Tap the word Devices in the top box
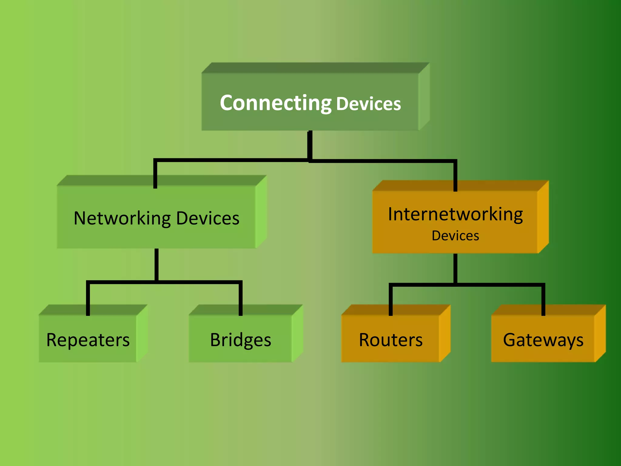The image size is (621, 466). [368, 104]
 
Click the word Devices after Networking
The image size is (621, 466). [208, 218]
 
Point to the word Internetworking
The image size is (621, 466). [455, 214]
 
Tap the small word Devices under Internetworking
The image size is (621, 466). [455, 236]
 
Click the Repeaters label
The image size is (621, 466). [88, 340]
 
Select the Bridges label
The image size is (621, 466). [240, 340]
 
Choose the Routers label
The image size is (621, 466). [391, 340]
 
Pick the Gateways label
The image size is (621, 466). [543, 340]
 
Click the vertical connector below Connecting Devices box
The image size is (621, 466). [310, 145]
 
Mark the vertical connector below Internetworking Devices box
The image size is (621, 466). [455, 268]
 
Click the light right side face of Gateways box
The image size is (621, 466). [600, 334]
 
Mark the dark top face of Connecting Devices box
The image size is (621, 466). [315, 68]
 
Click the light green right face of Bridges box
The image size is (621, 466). [297, 334]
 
